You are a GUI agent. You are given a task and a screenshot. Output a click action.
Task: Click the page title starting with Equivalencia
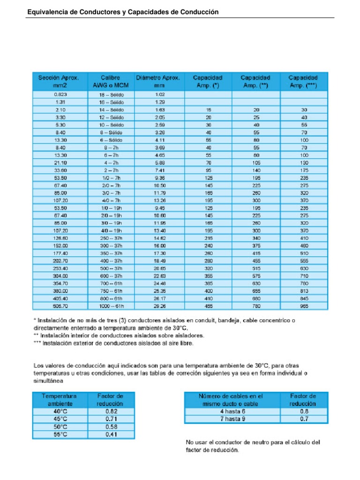pyautogui.click(x=122, y=11)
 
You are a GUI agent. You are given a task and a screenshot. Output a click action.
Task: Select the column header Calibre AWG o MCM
pyautogui.click(x=111, y=82)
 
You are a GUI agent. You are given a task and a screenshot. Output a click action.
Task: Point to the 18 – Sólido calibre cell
pyautogui.click(x=111, y=95)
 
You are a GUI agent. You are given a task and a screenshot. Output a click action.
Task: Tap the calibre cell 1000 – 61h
pyautogui.click(x=111, y=306)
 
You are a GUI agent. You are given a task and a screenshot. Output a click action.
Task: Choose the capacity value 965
pyautogui.click(x=304, y=306)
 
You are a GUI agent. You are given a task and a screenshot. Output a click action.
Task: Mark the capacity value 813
pyautogui.click(x=304, y=291)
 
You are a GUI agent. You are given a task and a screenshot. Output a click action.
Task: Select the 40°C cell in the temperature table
pyautogui.click(x=59, y=411)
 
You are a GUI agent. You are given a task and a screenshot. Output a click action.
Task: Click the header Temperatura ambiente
pyautogui.click(x=59, y=399)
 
